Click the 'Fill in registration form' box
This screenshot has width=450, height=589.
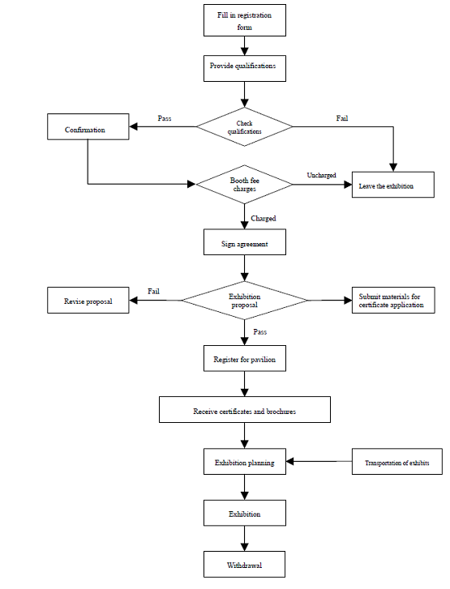pyautogui.click(x=244, y=20)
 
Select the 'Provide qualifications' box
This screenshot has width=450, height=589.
pyautogui.click(x=244, y=67)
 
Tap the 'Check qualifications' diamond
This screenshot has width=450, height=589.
pyautogui.click(x=244, y=126)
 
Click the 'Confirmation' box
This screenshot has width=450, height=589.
pyautogui.click(x=87, y=129)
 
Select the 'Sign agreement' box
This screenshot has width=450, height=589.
pyautogui.click(x=244, y=243)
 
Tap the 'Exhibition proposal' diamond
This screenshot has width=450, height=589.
pyautogui.click(x=244, y=301)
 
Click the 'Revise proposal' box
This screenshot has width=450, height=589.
pyautogui.click(x=88, y=301)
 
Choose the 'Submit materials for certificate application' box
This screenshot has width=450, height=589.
pyautogui.click(x=392, y=301)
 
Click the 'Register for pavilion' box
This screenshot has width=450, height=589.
pyautogui.click(x=244, y=358)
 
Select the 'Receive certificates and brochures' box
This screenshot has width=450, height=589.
pyautogui.click(x=244, y=411)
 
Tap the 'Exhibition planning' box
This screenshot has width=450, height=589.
pyautogui.click(x=244, y=463)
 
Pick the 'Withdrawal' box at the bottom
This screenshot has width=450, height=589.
pyautogui.click(x=244, y=564)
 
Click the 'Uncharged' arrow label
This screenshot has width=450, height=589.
pyautogui.click(x=321, y=175)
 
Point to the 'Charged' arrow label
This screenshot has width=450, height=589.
pyautogui.click(x=263, y=219)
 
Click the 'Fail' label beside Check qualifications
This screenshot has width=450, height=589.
pyautogui.click(x=342, y=118)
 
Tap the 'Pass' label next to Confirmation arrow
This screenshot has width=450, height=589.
pyautogui.click(x=164, y=118)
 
